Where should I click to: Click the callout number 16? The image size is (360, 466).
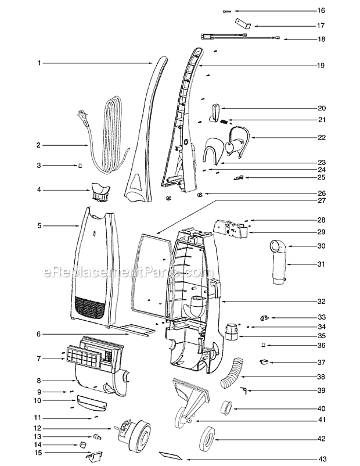[321, 10]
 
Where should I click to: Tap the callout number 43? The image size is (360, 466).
[321, 459]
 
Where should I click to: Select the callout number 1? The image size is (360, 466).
[39, 63]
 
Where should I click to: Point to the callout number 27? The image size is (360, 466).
[322, 200]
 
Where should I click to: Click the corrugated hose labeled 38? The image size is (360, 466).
[232, 373]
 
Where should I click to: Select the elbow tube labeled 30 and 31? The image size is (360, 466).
[278, 263]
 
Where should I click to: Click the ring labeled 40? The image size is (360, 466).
[226, 407]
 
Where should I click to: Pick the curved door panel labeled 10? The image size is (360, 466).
[92, 403]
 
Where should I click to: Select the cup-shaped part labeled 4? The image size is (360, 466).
[100, 192]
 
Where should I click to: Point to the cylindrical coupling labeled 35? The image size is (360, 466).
[231, 331]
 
